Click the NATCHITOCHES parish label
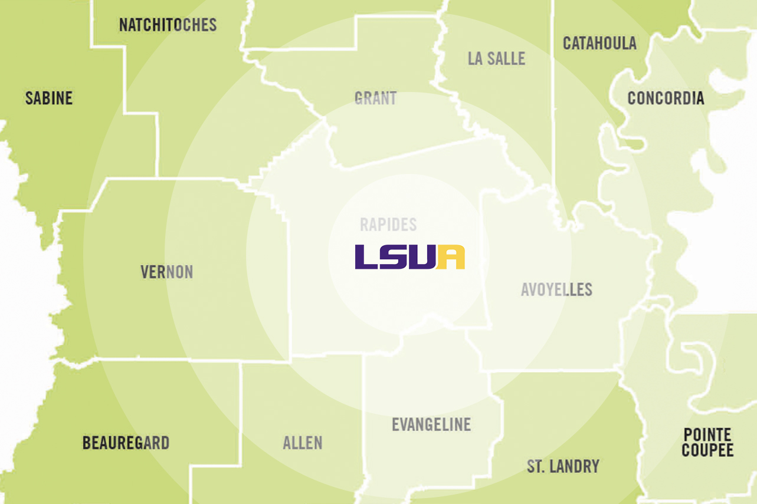(168, 25)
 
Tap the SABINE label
(49, 98)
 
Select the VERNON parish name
(166, 272)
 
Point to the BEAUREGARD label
(126, 443)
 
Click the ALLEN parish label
(303, 443)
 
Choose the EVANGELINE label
(431, 424)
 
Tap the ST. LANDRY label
(563, 466)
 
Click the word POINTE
(707, 435)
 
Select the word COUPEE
(707, 451)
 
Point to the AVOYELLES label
(556, 289)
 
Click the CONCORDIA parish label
(666, 98)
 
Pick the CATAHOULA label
(599, 43)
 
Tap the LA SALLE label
(496, 58)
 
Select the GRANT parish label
(375, 98)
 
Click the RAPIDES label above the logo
(388, 225)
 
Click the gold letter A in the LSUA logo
(451, 257)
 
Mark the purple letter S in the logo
(394, 257)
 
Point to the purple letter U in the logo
(422, 257)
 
